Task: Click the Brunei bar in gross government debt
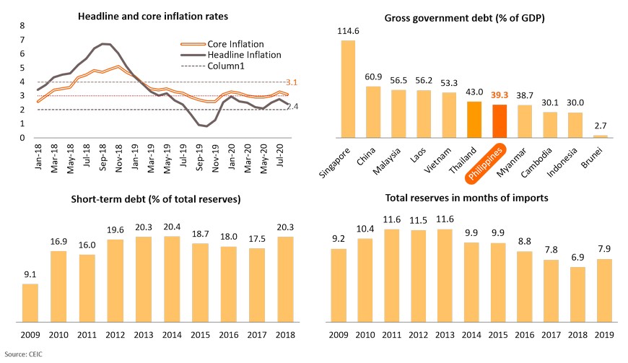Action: (x=600, y=136)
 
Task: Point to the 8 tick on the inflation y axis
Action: (x=22, y=25)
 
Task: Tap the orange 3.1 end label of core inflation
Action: (x=292, y=82)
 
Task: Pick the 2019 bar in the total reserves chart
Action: (x=604, y=290)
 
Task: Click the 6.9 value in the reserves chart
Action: (x=578, y=257)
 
